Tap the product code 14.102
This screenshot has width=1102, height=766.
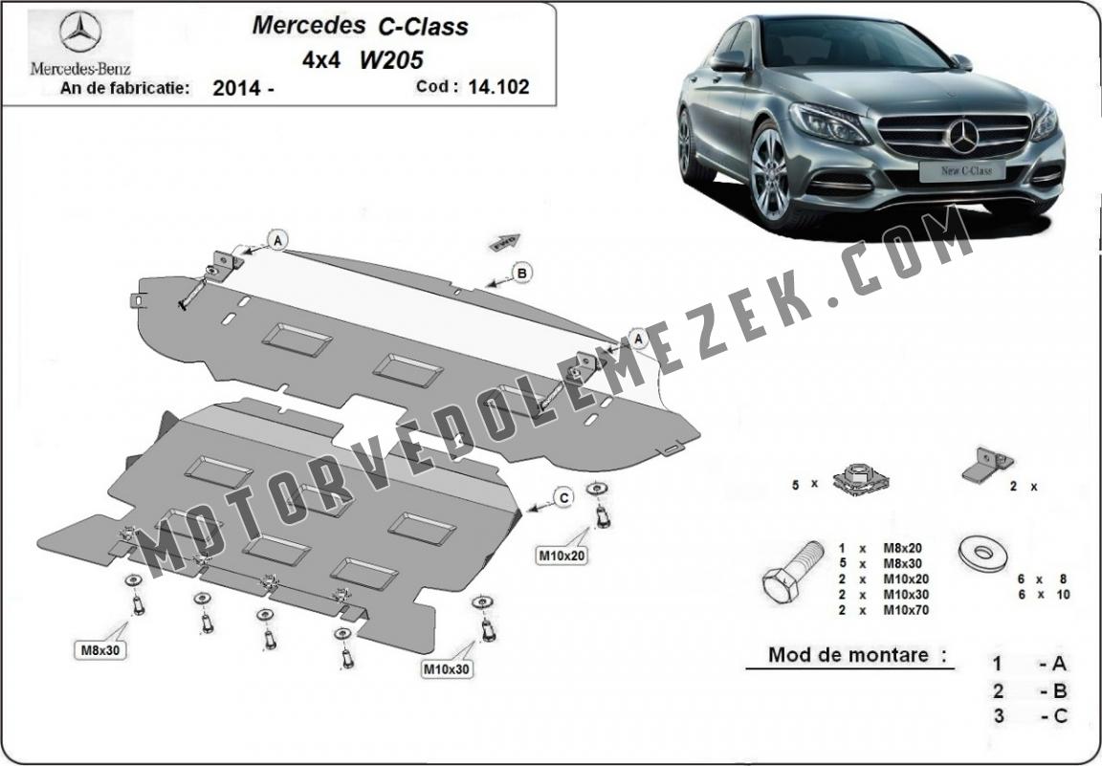498,86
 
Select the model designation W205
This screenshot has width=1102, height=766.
391,59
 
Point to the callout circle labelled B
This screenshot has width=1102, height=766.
521,273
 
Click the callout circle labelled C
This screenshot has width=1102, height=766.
562,497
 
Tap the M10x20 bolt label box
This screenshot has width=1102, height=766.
562,556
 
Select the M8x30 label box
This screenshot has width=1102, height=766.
99,650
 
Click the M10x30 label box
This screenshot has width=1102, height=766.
446,669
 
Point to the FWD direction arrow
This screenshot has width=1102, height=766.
505,243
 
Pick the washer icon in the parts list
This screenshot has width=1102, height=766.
981,553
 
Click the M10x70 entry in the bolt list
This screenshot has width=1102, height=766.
884,610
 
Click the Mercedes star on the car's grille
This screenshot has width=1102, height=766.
963,137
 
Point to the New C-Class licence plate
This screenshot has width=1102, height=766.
961,171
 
